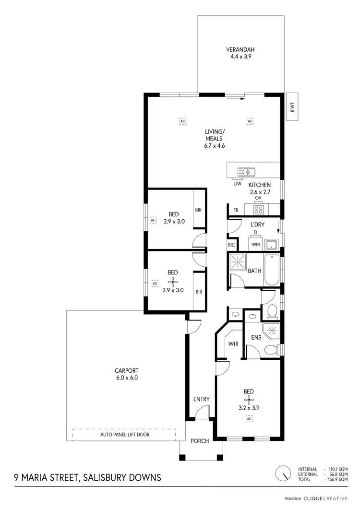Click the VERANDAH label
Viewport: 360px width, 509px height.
pyautogui.click(x=240, y=49)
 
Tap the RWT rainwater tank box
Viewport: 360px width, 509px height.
pyautogui.click(x=291, y=107)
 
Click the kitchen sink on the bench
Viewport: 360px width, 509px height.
pyautogui.click(x=248, y=171)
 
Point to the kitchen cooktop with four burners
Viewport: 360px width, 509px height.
pyautogui.click(x=259, y=209)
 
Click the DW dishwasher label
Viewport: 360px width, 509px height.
pyautogui.click(x=237, y=184)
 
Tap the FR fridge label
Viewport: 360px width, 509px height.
pyautogui.click(x=236, y=210)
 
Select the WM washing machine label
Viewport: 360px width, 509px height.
pyautogui.click(x=256, y=245)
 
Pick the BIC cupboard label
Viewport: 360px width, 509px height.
pyautogui.click(x=232, y=245)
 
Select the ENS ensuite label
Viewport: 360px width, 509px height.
pyautogui.click(x=256, y=337)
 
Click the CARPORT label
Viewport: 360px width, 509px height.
pyautogui.click(x=126, y=370)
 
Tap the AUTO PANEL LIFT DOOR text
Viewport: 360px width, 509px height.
pyautogui.click(x=125, y=435)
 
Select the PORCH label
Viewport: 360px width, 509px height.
pyautogui.click(x=200, y=441)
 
